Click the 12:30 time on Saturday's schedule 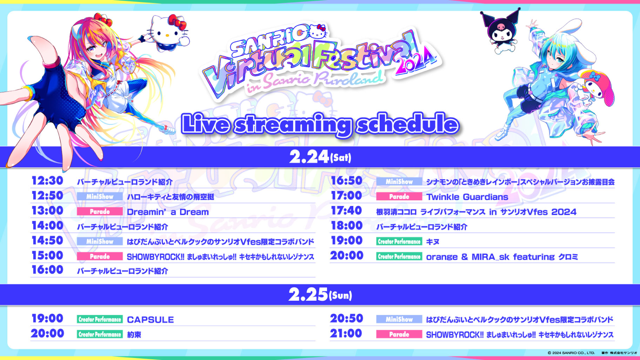tap(47, 181)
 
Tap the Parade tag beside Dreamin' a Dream tap(100, 212)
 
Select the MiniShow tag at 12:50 tap(100, 196)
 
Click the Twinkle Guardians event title tap(467, 197)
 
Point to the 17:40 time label tap(346, 211)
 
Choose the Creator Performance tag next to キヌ tap(399, 241)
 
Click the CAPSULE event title tap(150, 320)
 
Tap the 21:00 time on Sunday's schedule tap(346, 333)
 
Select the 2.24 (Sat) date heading tap(320, 157)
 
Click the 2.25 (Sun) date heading tap(320, 295)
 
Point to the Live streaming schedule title tap(320, 124)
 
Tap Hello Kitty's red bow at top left tap(178, 22)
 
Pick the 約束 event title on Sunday tap(134, 335)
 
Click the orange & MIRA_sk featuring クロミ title tap(502, 257)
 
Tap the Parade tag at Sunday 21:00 tap(399, 334)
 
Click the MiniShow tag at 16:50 tap(399, 181)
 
